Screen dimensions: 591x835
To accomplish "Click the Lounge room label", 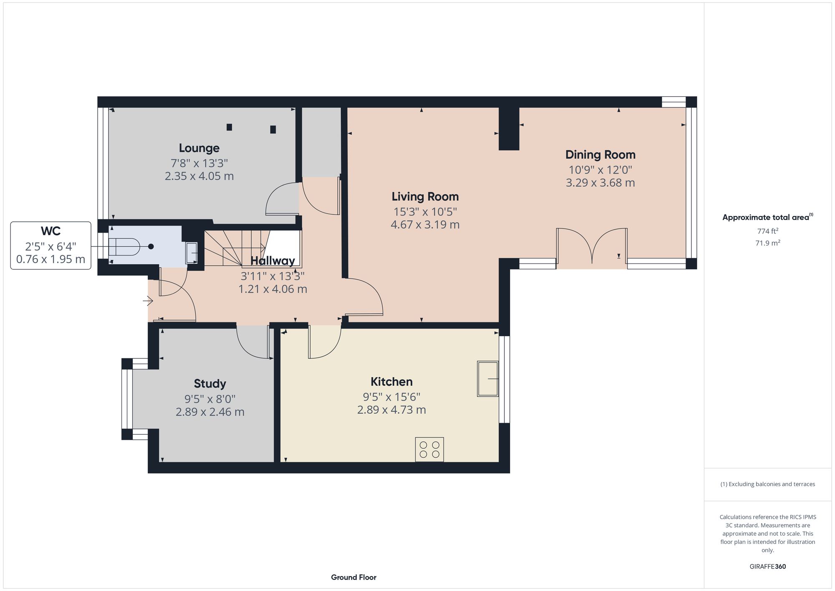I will [x=199, y=148].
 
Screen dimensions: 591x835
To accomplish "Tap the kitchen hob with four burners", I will [x=429, y=449].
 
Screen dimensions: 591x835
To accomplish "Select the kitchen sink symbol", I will [x=488, y=379].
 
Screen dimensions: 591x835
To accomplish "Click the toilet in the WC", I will [x=124, y=246].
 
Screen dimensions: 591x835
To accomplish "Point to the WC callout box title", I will [x=51, y=231].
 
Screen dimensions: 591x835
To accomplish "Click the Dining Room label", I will [x=600, y=155].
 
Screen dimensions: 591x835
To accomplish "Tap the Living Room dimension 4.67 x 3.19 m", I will [x=425, y=225].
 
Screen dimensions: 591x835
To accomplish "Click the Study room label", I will [x=210, y=383].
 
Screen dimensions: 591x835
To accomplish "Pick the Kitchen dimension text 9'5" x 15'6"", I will [x=391, y=396].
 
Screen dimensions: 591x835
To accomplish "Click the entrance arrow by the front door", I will [x=148, y=300].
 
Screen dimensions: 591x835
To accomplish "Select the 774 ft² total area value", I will [x=767, y=231].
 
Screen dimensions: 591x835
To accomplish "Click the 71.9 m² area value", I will [x=767, y=243].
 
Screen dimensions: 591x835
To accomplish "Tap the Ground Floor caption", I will [x=354, y=577].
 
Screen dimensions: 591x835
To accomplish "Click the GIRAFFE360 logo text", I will [x=767, y=567].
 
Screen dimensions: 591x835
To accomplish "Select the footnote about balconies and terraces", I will [x=767, y=484].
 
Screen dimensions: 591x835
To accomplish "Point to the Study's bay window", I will [x=127, y=399].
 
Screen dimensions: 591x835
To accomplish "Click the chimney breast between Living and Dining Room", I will [x=509, y=129].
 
